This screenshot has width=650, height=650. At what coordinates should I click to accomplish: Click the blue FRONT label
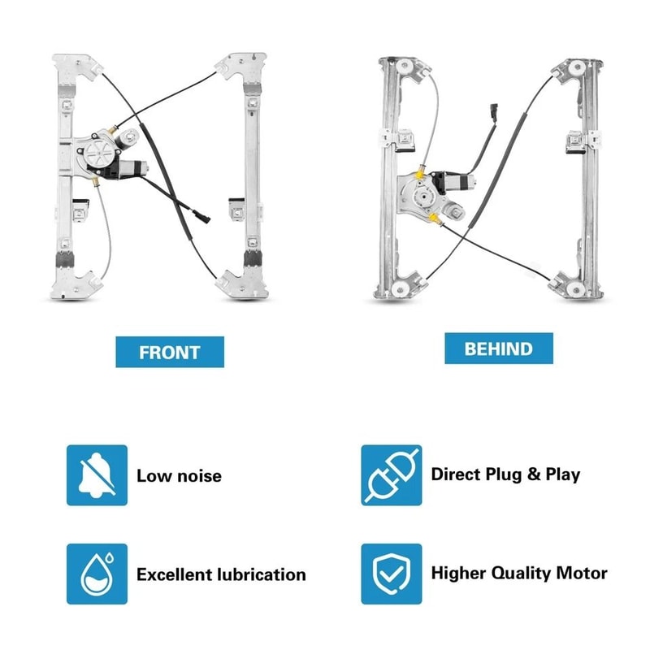pyautogui.click(x=169, y=352)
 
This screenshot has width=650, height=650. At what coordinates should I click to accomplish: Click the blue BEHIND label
pyautogui.click(x=499, y=349)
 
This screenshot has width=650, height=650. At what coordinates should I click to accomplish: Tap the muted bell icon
pyautogui.click(x=97, y=475)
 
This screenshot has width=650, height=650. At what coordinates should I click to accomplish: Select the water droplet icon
pyautogui.click(x=97, y=574)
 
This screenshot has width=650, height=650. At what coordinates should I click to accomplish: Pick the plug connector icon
pyautogui.click(x=392, y=474)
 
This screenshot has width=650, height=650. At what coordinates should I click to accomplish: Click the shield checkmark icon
pyautogui.click(x=392, y=574)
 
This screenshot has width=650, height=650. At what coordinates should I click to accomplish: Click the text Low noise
pyautogui.click(x=179, y=476)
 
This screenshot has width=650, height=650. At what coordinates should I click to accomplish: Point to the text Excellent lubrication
pyautogui.click(x=221, y=574)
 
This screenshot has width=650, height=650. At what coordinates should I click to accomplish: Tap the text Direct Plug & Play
pyautogui.click(x=505, y=474)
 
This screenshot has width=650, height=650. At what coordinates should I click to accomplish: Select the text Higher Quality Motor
pyautogui.click(x=519, y=573)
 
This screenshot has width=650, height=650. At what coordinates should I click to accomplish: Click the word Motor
pyautogui.click(x=580, y=573)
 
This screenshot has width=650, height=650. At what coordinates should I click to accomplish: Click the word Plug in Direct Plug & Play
pyautogui.click(x=502, y=474)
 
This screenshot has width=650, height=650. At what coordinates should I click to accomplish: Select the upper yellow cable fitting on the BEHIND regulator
pyautogui.click(x=418, y=172)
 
